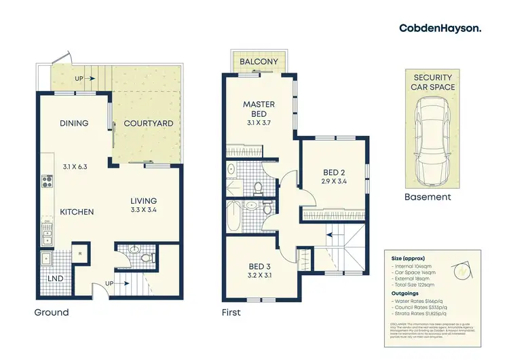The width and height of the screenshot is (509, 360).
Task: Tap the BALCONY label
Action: (x=259, y=62)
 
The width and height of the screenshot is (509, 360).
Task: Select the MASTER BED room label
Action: (x=259, y=109)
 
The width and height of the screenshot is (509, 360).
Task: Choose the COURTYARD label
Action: (x=148, y=124)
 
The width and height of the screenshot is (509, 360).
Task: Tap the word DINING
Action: (x=73, y=124)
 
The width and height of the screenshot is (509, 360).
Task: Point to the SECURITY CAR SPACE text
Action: (x=434, y=82)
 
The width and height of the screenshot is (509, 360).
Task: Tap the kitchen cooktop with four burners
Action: (x=47, y=181)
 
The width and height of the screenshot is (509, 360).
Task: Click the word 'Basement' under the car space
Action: (x=428, y=197)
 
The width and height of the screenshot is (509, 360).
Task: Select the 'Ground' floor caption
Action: (x=52, y=312)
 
